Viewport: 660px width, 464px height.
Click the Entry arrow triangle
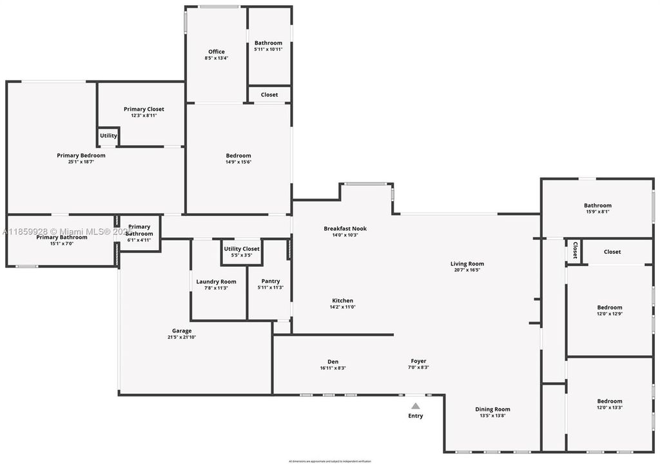[416, 406]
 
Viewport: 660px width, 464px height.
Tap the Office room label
[217, 52]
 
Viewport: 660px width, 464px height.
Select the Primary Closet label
[144, 109]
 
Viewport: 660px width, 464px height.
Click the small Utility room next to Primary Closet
[108, 136]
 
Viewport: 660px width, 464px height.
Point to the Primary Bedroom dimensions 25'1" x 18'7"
[81, 162]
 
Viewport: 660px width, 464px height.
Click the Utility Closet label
[242, 249]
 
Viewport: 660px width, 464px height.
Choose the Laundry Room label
[217, 282]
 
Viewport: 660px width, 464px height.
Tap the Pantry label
[270, 282]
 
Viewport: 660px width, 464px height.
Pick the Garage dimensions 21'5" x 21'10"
[182, 337]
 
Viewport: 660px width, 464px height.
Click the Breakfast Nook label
[345, 229]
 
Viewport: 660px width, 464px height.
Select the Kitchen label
[342, 301]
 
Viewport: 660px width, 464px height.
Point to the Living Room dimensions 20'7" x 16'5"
[467, 270]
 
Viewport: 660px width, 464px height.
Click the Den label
[333, 362]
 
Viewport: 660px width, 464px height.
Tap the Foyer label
[418, 361]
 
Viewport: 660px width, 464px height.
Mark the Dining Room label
[492, 409]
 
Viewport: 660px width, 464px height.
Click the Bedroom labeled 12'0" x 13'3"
[609, 401]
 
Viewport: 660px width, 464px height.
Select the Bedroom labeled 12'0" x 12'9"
[609, 307]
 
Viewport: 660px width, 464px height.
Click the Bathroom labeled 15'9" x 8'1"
[597, 206]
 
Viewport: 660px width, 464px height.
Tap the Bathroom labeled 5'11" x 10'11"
[268, 43]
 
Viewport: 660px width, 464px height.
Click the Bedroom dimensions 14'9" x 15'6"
[238, 162]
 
